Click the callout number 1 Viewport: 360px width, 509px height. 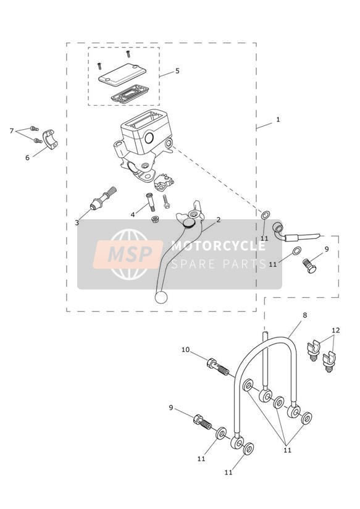(x=277, y=119)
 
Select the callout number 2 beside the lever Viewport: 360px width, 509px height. (x=219, y=220)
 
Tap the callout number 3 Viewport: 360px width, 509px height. (x=77, y=222)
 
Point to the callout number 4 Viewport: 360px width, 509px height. (x=133, y=214)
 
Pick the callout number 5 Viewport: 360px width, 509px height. (x=177, y=71)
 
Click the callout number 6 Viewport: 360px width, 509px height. (x=27, y=158)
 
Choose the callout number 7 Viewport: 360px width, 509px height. (x=12, y=131)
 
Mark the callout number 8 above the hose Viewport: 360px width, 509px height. (x=304, y=315)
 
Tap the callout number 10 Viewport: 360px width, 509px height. (x=185, y=350)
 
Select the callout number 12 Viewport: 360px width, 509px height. (x=336, y=330)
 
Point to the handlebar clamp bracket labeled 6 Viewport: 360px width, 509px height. (x=50, y=139)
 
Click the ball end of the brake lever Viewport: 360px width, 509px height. (x=161, y=297)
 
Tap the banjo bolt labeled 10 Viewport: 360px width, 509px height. (x=218, y=366)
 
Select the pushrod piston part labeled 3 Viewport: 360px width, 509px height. (x=103, y=198)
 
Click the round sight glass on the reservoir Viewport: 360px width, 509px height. (x=149, y=138)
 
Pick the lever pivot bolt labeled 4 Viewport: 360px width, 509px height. (x=149, y=201)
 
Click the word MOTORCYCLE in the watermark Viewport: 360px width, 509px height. (x=218, y=246)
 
